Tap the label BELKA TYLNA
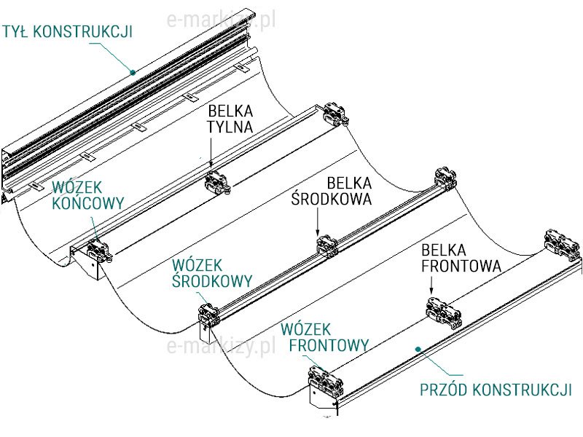(x=230, y=119)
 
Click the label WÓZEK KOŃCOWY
(x=87, y=194)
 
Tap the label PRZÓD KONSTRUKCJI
(x=496, y=390)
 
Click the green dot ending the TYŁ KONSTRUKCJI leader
(x=133, y=71)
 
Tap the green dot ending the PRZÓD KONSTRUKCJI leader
(x=417, y=350)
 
